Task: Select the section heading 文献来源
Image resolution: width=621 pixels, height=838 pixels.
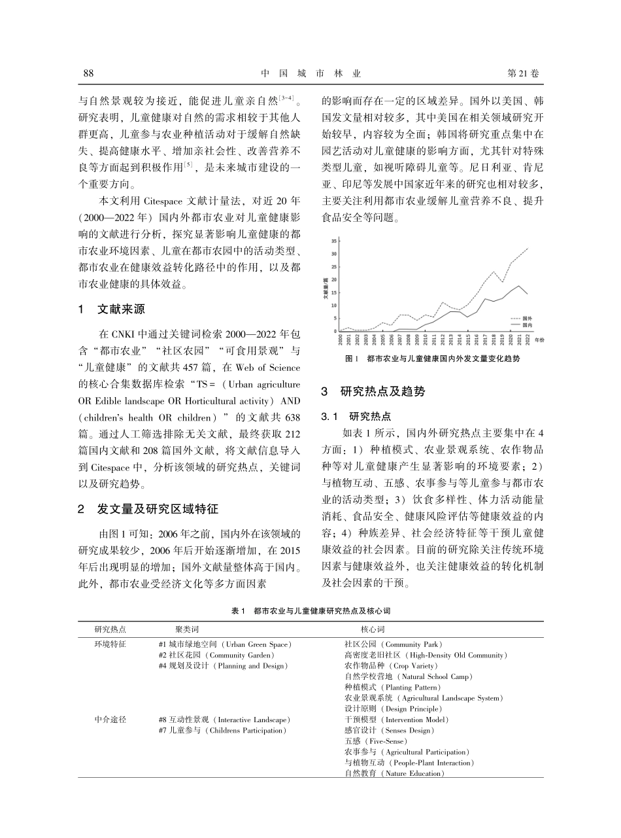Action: pos(121,309)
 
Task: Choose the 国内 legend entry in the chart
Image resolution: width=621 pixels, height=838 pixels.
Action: pos(525,324)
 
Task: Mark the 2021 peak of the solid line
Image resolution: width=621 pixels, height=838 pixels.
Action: pos(519,286)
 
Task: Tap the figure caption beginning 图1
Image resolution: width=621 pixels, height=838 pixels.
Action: pos(436,359)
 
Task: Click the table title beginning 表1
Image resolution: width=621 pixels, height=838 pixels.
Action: pos(310,610)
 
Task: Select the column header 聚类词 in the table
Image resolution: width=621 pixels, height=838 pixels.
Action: pos(187,629)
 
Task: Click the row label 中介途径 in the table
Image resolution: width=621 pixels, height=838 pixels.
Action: pos(110,720)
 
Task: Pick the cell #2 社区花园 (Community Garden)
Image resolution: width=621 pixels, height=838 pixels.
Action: pos(216,655)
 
